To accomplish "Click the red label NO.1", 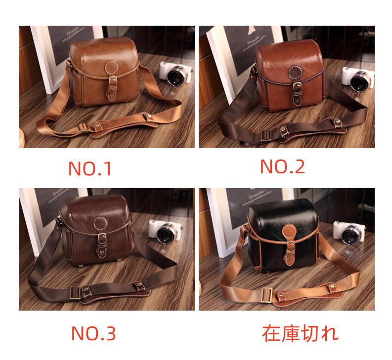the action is [x=90, y=168].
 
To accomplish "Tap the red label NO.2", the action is [x=282, y=166].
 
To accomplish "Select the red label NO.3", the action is [x=93, y=333].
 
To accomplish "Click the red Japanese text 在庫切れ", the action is [x=300, y=333].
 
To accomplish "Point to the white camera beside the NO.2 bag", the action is [x=358, y=79].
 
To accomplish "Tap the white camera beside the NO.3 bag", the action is [x=165, y=232].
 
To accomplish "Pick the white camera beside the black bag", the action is [x=349, y=233].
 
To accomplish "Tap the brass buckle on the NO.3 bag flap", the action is [x=102, y=238].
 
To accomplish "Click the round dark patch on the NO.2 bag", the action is [x=296, y=72].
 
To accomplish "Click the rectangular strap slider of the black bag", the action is [x=267, y=295].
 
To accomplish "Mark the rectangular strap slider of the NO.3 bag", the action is [x=75, y=292].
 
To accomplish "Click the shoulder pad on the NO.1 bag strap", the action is [x=124, y=126].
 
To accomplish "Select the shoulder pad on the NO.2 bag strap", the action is [x=312, y=130].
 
